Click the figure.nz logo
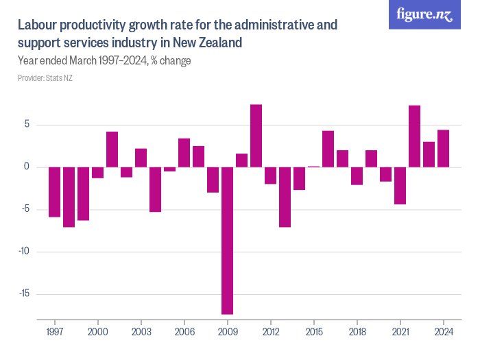(425, 15)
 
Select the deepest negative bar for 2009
(227, 240)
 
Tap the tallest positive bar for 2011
(256, 136)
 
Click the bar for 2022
(414, 136)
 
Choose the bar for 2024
(443, 148)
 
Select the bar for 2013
(285, 197)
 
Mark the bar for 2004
(155, 189)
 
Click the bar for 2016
(328, 149)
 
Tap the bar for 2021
(400, 186)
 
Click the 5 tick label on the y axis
(27, 125)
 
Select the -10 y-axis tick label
(25, 252)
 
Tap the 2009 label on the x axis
(227, 332)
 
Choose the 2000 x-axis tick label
(97, 332)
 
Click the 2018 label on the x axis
(357, 332)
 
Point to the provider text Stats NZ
(59, 78)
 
